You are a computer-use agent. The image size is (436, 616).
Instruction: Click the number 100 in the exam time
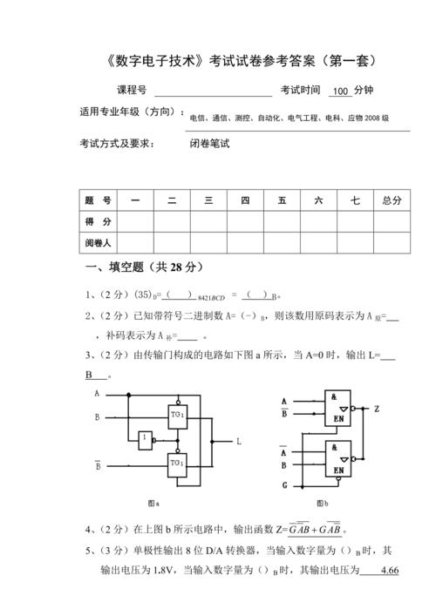point(341,91)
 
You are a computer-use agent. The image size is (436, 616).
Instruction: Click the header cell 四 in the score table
point(245,200)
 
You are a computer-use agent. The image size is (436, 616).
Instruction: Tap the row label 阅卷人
point(97,242)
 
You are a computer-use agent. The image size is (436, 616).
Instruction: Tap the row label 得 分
point(97,221)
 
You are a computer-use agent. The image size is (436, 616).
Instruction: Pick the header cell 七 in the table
point(355,200)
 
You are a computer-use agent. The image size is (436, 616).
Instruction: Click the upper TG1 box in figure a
point(177,414)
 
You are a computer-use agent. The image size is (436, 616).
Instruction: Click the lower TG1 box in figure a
point(177,462)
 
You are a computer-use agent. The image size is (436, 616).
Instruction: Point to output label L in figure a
point(239,442)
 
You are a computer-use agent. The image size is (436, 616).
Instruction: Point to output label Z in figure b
point(376,408)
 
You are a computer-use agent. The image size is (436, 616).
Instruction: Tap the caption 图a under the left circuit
point(153,503)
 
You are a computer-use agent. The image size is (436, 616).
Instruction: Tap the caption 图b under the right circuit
point(322,503)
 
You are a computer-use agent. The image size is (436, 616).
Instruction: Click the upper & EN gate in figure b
point(338,408)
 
